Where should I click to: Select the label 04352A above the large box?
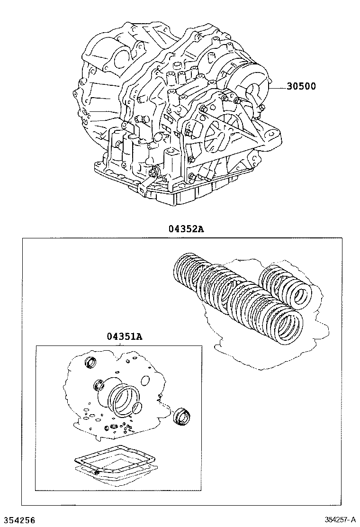187,229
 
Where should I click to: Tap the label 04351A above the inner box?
124,337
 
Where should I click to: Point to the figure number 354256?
18,520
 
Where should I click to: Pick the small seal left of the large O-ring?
99,385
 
